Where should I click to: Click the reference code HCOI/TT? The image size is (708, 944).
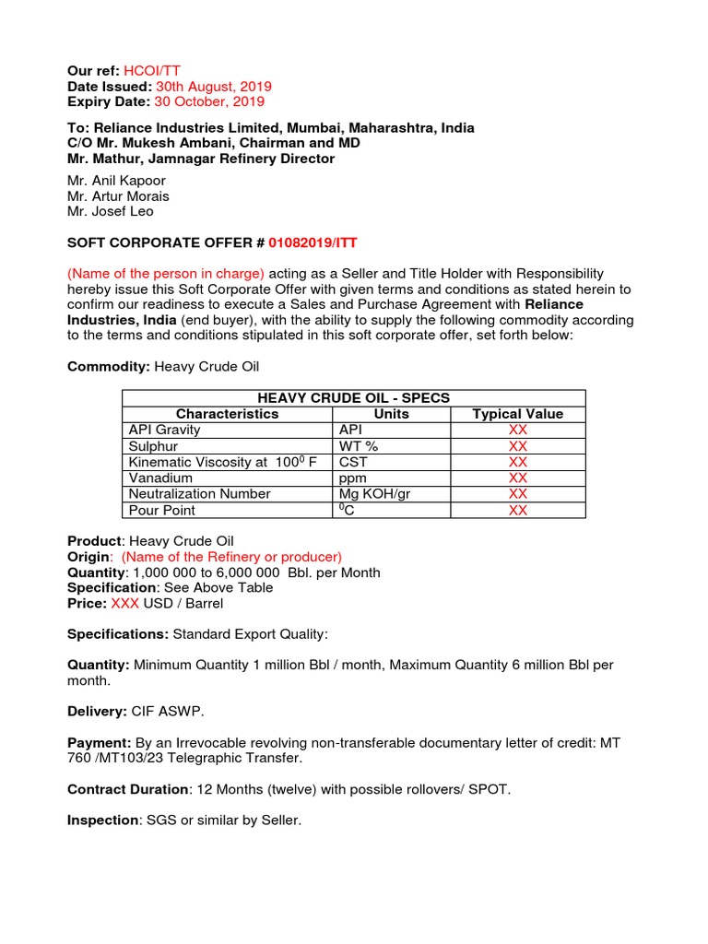(x=136, y=71)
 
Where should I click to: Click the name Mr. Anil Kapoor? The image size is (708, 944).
(x=116, y=181)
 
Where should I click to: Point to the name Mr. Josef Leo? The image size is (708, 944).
(x=111, y=211)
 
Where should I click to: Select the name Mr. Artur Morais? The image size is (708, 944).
(x=118, y=196)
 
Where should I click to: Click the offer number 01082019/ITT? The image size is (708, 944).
(x=313, y=242)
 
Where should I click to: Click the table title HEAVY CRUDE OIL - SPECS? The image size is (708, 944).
(x=353, y=397)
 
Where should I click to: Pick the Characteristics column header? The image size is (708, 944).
(x=227, y=414)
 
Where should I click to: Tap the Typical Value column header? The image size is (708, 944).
(x=517, y=414)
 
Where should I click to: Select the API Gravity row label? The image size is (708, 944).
(x=165, y=430)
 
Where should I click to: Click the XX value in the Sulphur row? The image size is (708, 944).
(x=518, y=446)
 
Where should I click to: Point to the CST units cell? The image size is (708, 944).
(x=353, y=462)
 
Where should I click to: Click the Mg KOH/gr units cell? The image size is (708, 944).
(x=374, y=493)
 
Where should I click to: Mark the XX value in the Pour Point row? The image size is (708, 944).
(x=518, y=510)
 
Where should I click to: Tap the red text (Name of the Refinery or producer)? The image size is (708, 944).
(x=231, y=557)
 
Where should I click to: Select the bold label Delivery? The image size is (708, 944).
(x=97, y=712)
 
